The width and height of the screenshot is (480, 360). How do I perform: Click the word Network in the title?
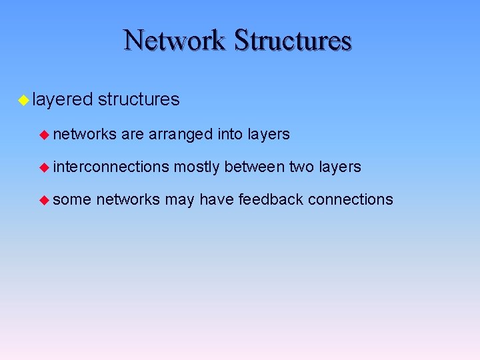175,40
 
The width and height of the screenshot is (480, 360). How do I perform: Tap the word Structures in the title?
293,40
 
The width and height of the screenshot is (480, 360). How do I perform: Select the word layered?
62,100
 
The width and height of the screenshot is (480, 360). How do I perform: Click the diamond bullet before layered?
23,101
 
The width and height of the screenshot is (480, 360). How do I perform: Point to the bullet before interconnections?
45,167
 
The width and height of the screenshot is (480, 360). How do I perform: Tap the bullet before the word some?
45,199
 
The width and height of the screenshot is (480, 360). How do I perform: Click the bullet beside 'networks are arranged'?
45,135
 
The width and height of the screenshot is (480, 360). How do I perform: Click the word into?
230,134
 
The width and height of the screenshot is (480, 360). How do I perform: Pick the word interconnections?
111,167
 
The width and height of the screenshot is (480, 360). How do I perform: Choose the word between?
254,167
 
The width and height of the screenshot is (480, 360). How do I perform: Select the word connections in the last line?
351,199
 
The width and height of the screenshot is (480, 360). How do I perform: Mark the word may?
179,200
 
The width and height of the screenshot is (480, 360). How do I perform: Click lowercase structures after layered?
139,100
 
